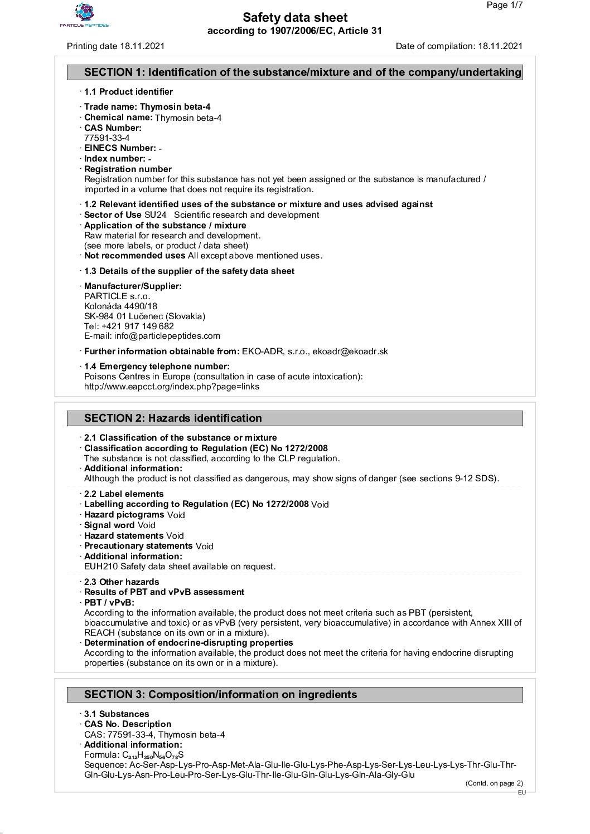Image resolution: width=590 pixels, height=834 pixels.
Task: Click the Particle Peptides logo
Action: [x=84, y=15]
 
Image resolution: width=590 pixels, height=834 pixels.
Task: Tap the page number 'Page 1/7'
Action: [x=505, y=6]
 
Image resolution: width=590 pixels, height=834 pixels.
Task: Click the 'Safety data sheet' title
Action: [x=295, y=18]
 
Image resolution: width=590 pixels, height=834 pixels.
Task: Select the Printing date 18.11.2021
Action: [x=115, y=46]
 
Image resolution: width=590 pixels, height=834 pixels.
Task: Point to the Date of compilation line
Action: [x=459, y=46]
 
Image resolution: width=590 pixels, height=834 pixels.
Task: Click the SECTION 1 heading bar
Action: [x=295, y=72]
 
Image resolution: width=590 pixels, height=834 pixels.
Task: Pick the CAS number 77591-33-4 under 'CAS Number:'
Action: [x=107, y=138]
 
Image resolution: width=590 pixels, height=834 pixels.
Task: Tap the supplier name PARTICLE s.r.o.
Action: [x=117, y=296]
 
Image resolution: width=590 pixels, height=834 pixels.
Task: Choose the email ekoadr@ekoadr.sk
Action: [x=350, y=352]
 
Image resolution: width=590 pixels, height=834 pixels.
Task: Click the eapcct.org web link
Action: [x=172, y=387]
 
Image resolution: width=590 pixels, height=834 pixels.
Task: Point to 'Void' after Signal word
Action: [x=147, y=525]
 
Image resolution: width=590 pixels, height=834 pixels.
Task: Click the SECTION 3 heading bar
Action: [x=295, y=695]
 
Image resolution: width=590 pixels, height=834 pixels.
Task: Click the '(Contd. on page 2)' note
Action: [x=494, y=783]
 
